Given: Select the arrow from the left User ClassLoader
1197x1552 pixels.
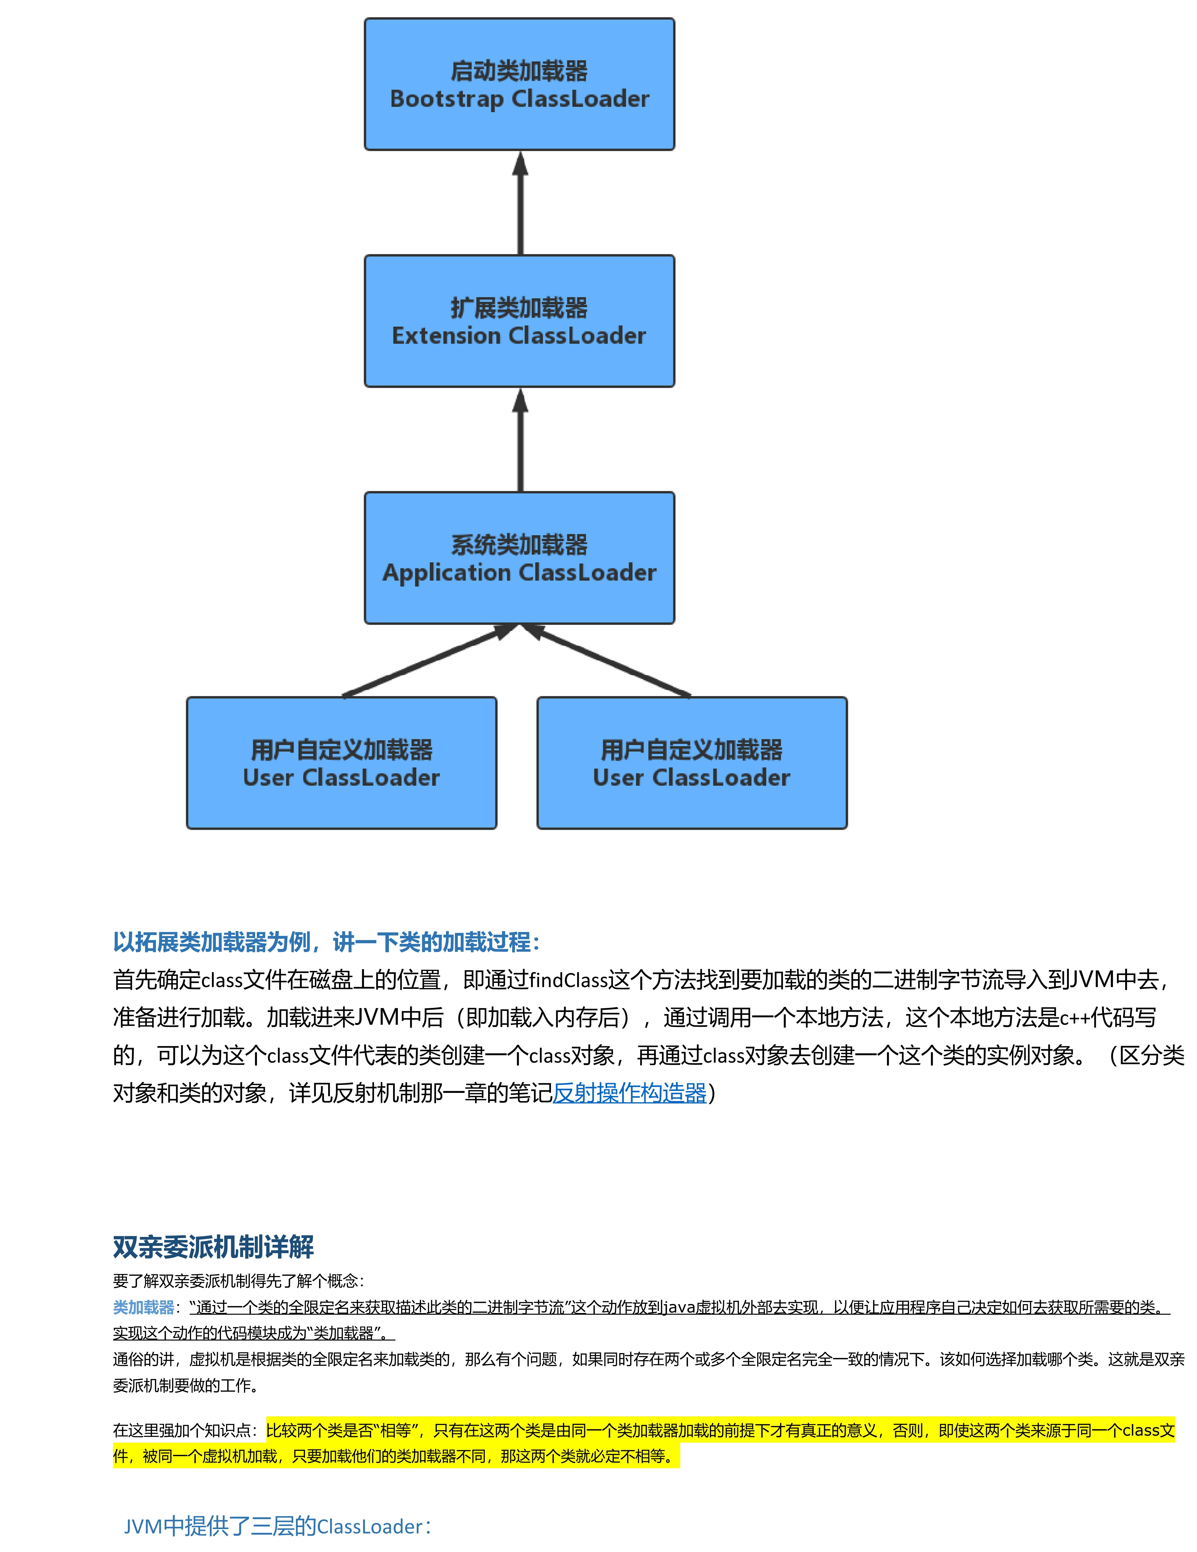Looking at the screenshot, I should pos(426,661).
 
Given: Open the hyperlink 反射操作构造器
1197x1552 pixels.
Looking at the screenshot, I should pos(630,1093).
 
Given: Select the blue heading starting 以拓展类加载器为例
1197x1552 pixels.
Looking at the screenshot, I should pos(327,942).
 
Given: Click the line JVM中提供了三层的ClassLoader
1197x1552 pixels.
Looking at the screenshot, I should pos(277,1526).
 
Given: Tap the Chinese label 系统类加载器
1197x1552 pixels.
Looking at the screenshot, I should pos(519,545).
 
